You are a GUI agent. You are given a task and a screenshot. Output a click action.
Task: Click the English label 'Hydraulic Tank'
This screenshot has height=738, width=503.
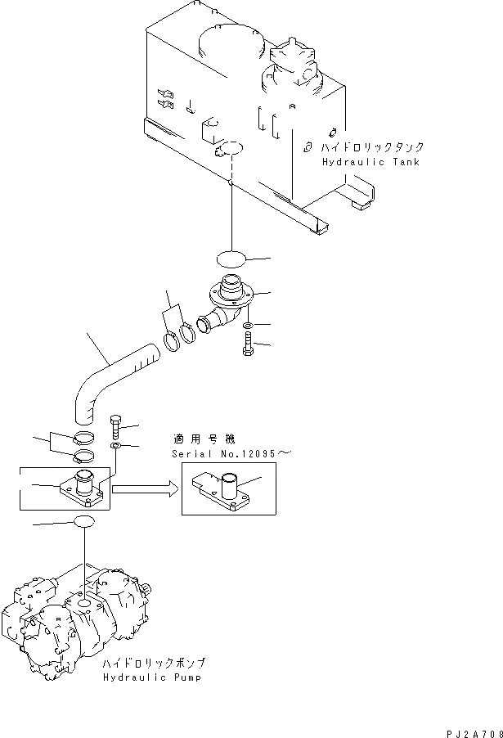(x=371, y=162)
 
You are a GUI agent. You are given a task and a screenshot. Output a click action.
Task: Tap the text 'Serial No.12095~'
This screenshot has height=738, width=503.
(x=231, y=453)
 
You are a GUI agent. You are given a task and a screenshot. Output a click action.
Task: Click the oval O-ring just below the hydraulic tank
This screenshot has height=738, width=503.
(x=231, y=260)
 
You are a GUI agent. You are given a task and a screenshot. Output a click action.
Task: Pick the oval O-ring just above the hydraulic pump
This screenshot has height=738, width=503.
(x=86, y=522)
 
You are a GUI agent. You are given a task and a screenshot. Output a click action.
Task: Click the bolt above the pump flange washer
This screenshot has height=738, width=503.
(x=115, y=425)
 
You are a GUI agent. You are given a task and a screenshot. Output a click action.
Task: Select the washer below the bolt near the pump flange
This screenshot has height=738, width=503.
(x=115, y=445)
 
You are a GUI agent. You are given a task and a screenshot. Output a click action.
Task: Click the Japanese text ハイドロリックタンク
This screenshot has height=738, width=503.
(x=372, y=147)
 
